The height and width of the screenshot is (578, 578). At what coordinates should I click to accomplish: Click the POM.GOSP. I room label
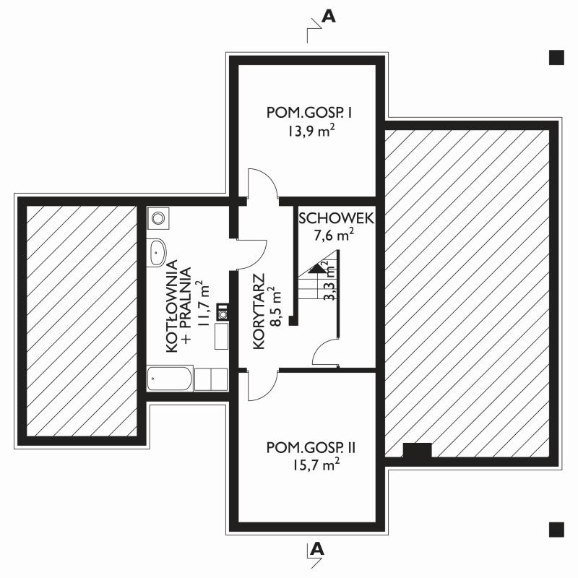[309, 113]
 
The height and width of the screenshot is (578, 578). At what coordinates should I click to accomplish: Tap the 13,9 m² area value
[311, 131]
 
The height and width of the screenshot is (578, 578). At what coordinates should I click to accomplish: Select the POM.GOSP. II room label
[311, 447]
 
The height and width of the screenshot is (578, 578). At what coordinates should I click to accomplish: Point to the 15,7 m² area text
[316, 465]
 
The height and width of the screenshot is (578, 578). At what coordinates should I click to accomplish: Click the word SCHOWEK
[336, 218]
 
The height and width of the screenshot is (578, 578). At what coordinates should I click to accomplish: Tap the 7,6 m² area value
[334, 235]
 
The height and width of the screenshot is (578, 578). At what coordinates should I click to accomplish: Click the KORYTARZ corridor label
[259, 311]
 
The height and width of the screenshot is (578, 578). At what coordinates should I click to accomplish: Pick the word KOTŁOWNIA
[172, 306]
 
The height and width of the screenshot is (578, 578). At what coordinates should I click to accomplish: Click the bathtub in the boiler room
[170, 378]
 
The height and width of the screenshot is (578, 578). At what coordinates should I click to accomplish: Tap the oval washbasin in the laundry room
[157, 252]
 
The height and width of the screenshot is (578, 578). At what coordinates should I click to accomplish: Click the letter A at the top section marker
[329, 16]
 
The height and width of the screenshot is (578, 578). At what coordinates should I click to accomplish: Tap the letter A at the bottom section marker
[316, 549]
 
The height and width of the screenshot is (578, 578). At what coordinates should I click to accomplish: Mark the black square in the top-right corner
[556, 58]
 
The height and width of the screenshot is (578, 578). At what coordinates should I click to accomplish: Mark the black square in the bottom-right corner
[556, 530]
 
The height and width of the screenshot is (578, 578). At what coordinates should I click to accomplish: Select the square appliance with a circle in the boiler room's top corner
[158, 218]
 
